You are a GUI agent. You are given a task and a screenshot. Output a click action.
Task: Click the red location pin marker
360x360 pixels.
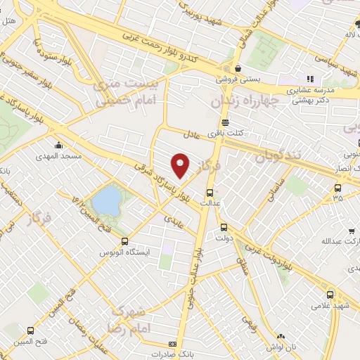pyautogui.click(x=181, y=165)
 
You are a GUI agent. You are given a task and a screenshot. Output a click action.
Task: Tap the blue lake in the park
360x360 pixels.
pyautogui.click(x=105, y=200)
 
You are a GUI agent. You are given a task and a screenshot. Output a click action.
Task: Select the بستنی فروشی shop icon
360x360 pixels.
pyautogui.click(x=239, y=69)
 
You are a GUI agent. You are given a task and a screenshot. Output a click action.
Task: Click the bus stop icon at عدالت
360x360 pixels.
pyautogui.click(x=209, y=192)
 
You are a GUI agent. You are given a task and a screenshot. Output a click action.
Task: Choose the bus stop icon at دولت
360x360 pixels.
pyautogui.click(x=224, y=227)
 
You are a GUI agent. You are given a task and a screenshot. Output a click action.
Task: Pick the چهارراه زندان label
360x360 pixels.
pyautogui.click(x=244, y=101)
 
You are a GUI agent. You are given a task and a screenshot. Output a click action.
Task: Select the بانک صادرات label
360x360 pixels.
pyautogui.click(x=167, y=354)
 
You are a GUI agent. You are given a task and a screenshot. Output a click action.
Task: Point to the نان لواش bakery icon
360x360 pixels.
pyautogui.click(x=281, y=337)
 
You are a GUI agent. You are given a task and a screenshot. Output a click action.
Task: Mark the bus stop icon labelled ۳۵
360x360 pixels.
pyautogui.click(x=338, y=188)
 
